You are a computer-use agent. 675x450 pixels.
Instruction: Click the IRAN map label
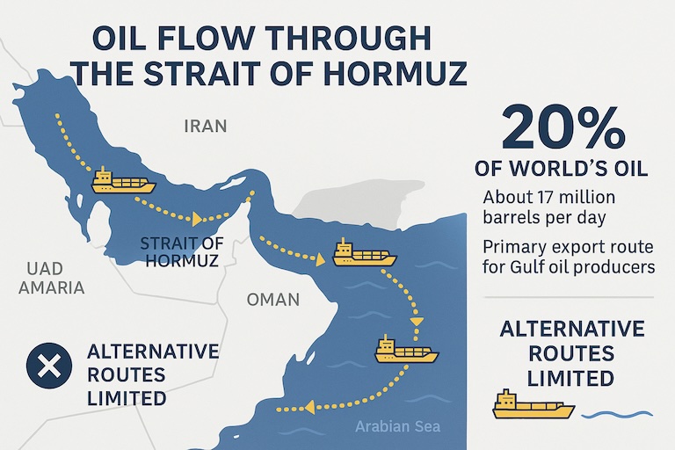tap(205, 126)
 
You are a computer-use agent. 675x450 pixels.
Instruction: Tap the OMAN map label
tap(273, 299)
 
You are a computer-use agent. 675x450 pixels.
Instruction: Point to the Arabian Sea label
tap(397, 428)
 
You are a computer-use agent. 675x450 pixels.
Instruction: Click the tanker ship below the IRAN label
tap(123, 182)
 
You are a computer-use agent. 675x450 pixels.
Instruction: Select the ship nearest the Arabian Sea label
tap(406, 350)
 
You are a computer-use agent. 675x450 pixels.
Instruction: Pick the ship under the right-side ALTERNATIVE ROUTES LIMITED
tap(533, 405)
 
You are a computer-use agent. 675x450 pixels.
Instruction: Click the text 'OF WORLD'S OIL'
tap(561, 168)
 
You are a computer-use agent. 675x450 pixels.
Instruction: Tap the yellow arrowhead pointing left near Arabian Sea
tap(309, 406)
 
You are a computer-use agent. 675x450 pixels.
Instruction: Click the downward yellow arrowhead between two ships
tap(417, 321)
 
